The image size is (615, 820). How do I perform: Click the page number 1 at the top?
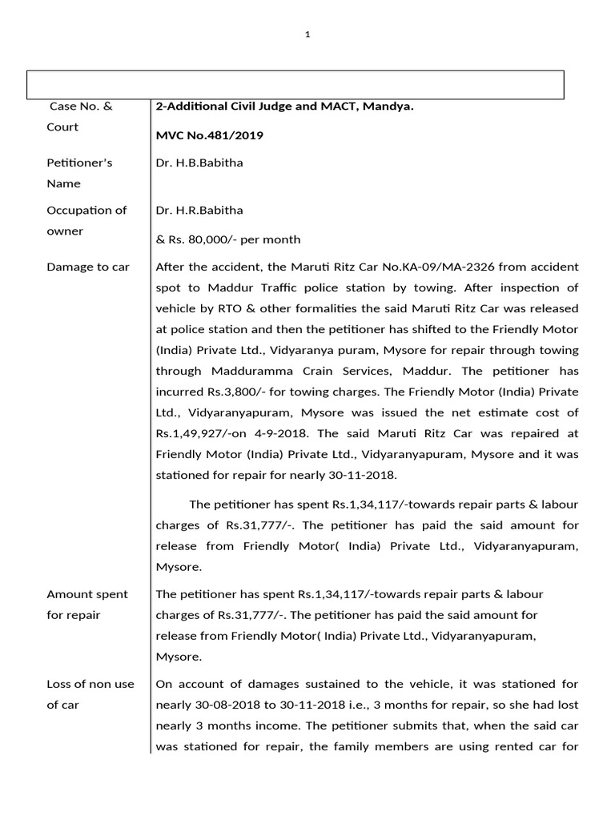307,34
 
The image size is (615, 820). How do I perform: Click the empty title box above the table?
296,84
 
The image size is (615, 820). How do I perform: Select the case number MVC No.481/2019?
209,135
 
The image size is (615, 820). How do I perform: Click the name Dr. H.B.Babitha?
199,163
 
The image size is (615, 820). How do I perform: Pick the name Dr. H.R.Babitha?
199,211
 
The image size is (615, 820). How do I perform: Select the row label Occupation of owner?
86,221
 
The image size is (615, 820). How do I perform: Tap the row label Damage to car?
88,267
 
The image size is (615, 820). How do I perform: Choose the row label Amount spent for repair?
86,605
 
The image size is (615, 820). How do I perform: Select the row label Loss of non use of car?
90,694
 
